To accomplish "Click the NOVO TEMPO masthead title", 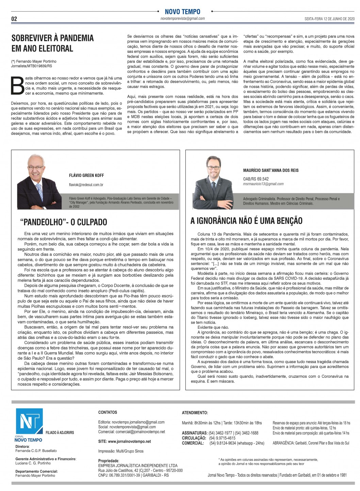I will [x=182, y=12].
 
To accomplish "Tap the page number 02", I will [x=14, y=19].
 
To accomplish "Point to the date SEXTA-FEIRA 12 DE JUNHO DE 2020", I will [x=329, y=19].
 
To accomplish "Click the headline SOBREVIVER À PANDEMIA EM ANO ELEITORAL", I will [x=52, y=43].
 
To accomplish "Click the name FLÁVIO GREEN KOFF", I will [x=86, y=176].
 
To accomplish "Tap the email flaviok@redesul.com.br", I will [x=86, y=185].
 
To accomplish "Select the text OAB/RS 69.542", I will [x=256, y=179].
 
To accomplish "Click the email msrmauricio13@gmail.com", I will [x=263, y=184].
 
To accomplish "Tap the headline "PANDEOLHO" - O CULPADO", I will [x=64, y=222].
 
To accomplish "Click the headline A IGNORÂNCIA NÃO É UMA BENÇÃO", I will [x=246, y=221].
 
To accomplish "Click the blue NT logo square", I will [x=29, y=421].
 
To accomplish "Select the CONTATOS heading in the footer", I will [x=108, y=412].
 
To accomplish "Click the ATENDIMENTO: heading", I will [x=195, y=413].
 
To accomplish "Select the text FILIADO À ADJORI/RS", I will [x=60, y=432].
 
